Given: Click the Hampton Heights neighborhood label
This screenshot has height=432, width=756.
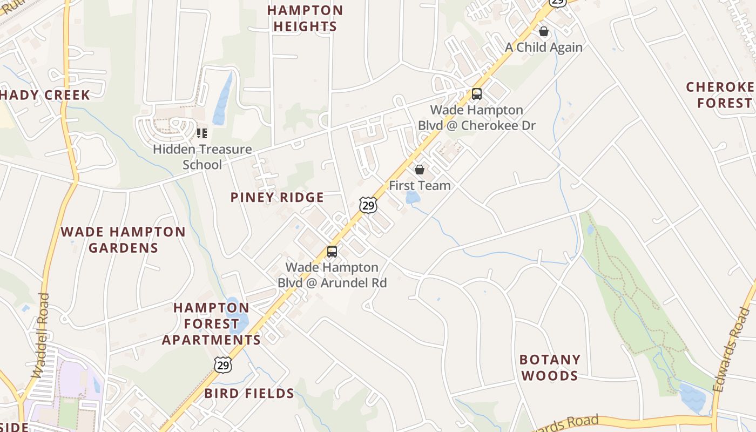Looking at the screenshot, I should [x=305, y=18].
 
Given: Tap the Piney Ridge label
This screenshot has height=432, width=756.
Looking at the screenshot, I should [x=277, y=198].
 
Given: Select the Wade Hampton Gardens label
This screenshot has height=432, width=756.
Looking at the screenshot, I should [x=123, y=240].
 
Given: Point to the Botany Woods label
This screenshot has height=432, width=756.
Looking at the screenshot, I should [x=550, y=367].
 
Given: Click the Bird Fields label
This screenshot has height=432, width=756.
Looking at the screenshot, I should [x=249, y=394].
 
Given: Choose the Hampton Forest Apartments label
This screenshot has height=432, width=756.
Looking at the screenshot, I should [x=211, y=324].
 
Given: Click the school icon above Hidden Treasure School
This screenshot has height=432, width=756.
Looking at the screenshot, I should [x=202, y=133].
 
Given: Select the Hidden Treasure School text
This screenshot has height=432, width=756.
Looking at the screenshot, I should [x=202, y=157].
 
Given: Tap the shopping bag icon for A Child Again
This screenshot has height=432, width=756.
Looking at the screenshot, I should [x=544, y=31].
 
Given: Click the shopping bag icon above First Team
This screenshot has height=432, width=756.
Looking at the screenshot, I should [x=420, y=170].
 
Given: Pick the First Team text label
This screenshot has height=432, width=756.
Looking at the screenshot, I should [x=420, y=186].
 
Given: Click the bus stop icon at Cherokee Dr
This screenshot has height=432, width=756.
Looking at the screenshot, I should [x=477, y=94].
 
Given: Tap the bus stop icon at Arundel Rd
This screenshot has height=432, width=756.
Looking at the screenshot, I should [x=332, y=252].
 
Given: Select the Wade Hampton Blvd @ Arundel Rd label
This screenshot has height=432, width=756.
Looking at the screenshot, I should [x=332, y=275].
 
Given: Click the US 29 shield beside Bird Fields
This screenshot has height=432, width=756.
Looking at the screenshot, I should [x=222, y=364].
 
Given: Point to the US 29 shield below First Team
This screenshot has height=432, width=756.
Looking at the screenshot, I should [x=368, y=205].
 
